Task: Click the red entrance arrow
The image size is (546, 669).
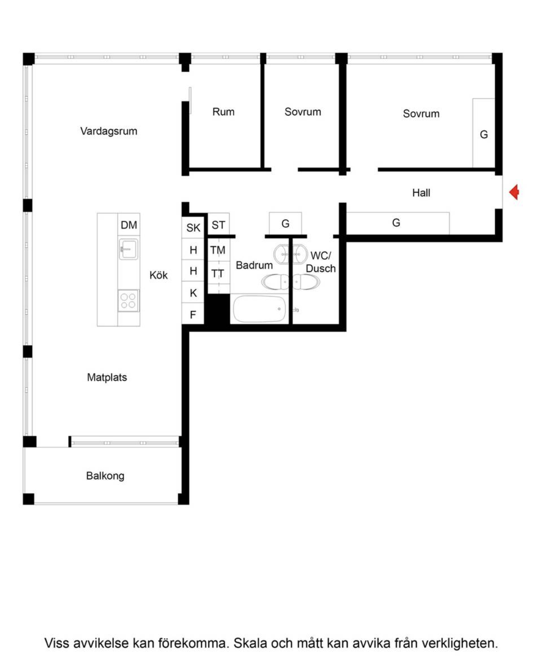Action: point(514,192)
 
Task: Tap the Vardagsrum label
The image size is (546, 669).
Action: point(109,131)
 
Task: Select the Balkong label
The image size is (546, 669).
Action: point(105,476)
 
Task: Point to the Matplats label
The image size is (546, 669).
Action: point(107,377)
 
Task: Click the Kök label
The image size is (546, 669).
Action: point(158,275)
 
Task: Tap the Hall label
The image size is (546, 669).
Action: point(421,193)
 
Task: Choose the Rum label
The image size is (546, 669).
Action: point(224,111)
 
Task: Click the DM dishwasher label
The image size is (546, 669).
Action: point(129,225)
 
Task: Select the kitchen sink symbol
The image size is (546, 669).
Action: point(128,249)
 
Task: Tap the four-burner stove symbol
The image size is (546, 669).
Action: point(128,300)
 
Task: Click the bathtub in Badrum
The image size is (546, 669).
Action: point(259,309)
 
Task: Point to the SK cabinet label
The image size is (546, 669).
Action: point(193,228)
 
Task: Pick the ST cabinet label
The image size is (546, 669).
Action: point(218,225)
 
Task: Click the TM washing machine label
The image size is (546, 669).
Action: point(217,250)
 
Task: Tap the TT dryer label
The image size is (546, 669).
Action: point(217,273)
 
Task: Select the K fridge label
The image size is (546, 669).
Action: point(193,293)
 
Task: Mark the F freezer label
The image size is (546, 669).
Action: point(193,315)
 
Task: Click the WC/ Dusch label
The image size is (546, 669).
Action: point(321,262)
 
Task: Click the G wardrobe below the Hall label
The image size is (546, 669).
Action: point(396,223)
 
